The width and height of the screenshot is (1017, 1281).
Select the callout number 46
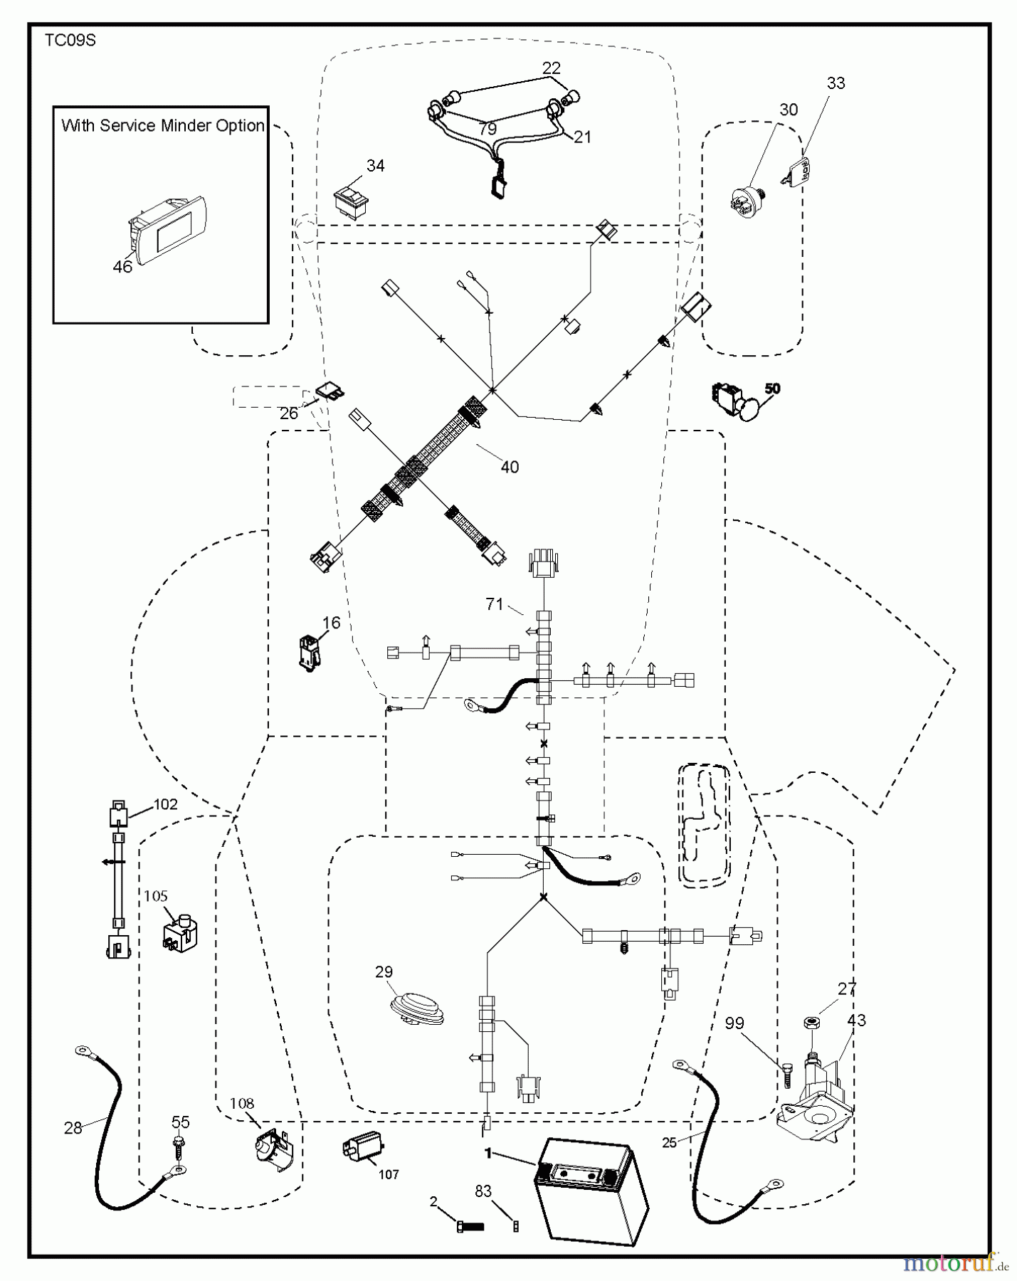pyautogui.click(x=122, y=268)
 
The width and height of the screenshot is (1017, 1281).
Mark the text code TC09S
pyautogui.click(x=70, y=41)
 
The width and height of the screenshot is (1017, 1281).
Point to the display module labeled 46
pyautogui.click(x=167, y=229)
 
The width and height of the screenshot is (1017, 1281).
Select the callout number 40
pyautogui.click(x=510, y=467)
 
